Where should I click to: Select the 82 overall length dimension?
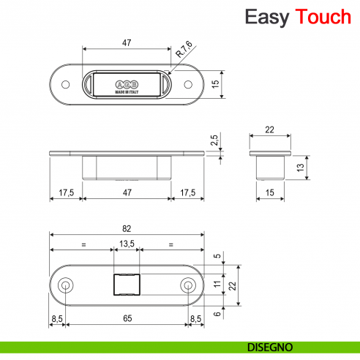coord(127,229)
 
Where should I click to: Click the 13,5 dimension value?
coord(127,244)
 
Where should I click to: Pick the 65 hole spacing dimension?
coord(127,319)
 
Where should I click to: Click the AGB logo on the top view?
coord(127,81)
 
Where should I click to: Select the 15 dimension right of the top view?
coord(214,84)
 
